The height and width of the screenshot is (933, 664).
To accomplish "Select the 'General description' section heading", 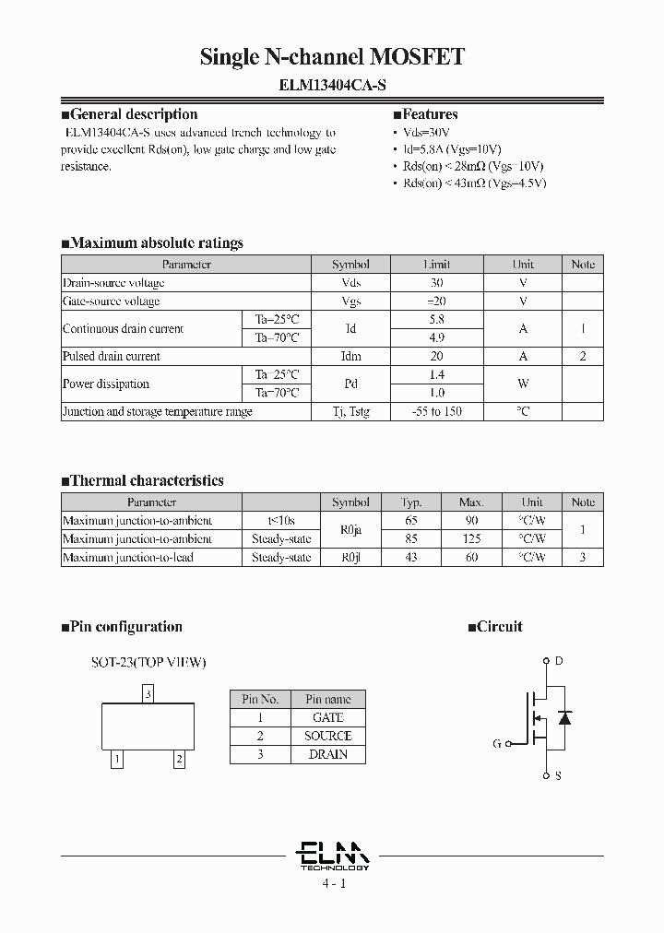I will tap(134, 115).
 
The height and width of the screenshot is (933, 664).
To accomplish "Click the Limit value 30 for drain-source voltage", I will tap(437, 283).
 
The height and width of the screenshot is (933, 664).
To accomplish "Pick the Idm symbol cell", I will tap(350, 356).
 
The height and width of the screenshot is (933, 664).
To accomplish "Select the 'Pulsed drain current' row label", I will tap(112, 356).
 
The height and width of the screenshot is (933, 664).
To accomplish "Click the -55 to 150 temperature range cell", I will tap(437, 411).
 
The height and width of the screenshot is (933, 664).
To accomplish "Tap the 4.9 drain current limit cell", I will tap(437, 337).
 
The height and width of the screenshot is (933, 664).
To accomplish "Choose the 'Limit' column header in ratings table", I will tap(437, 265).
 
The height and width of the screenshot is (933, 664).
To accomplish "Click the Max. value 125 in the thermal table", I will tap(471, 538).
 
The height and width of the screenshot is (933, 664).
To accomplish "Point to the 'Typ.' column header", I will tap(411, 502).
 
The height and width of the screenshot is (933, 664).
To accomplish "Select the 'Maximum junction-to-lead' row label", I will tap(128, 557).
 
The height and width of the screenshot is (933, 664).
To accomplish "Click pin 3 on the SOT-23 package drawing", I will tap(148, 692).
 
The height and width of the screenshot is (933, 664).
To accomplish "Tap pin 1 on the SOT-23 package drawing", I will tap(116, 760).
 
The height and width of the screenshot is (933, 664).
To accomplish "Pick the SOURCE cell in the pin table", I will tap(327, 736).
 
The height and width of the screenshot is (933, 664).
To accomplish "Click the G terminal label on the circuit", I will tap(497, 743).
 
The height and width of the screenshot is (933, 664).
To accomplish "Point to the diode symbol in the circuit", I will tap(565, 717).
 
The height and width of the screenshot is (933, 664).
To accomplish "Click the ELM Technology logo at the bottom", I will tap(333, 856).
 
